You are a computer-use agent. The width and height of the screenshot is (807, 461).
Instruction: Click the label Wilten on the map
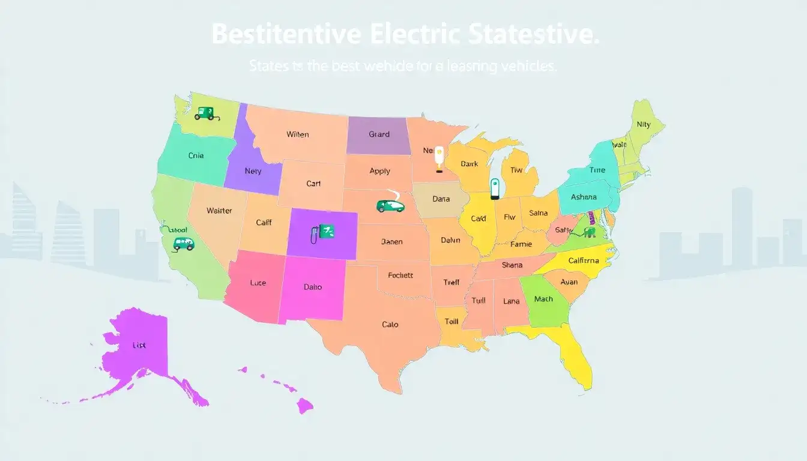click(297, 134)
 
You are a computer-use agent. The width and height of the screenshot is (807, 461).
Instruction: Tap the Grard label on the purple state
click(379, 134)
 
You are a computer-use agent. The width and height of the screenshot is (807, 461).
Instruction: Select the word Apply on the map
click(379, 171)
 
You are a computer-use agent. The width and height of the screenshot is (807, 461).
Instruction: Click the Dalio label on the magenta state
click(312, 287)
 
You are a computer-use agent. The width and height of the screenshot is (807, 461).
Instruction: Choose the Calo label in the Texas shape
click(390, 325)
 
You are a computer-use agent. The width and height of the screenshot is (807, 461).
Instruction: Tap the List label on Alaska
click(139, 346)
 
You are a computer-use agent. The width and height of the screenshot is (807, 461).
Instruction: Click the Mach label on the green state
click(543, 299)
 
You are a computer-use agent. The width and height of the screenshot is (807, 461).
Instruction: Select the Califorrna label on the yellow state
click(583, 261)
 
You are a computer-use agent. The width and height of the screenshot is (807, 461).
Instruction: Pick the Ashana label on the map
click(584, 197)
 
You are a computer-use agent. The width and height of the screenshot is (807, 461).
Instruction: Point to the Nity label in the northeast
click(643, 125)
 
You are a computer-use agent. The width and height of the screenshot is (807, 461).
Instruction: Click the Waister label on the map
click(219, 211)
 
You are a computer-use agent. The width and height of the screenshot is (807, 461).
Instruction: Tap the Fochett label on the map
click(400, 276)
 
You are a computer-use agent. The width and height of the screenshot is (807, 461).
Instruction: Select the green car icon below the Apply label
click(390, 205)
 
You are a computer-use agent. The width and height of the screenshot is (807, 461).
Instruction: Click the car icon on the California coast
click(183, 243)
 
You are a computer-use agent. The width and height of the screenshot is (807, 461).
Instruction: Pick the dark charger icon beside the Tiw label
click(495, 188)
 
